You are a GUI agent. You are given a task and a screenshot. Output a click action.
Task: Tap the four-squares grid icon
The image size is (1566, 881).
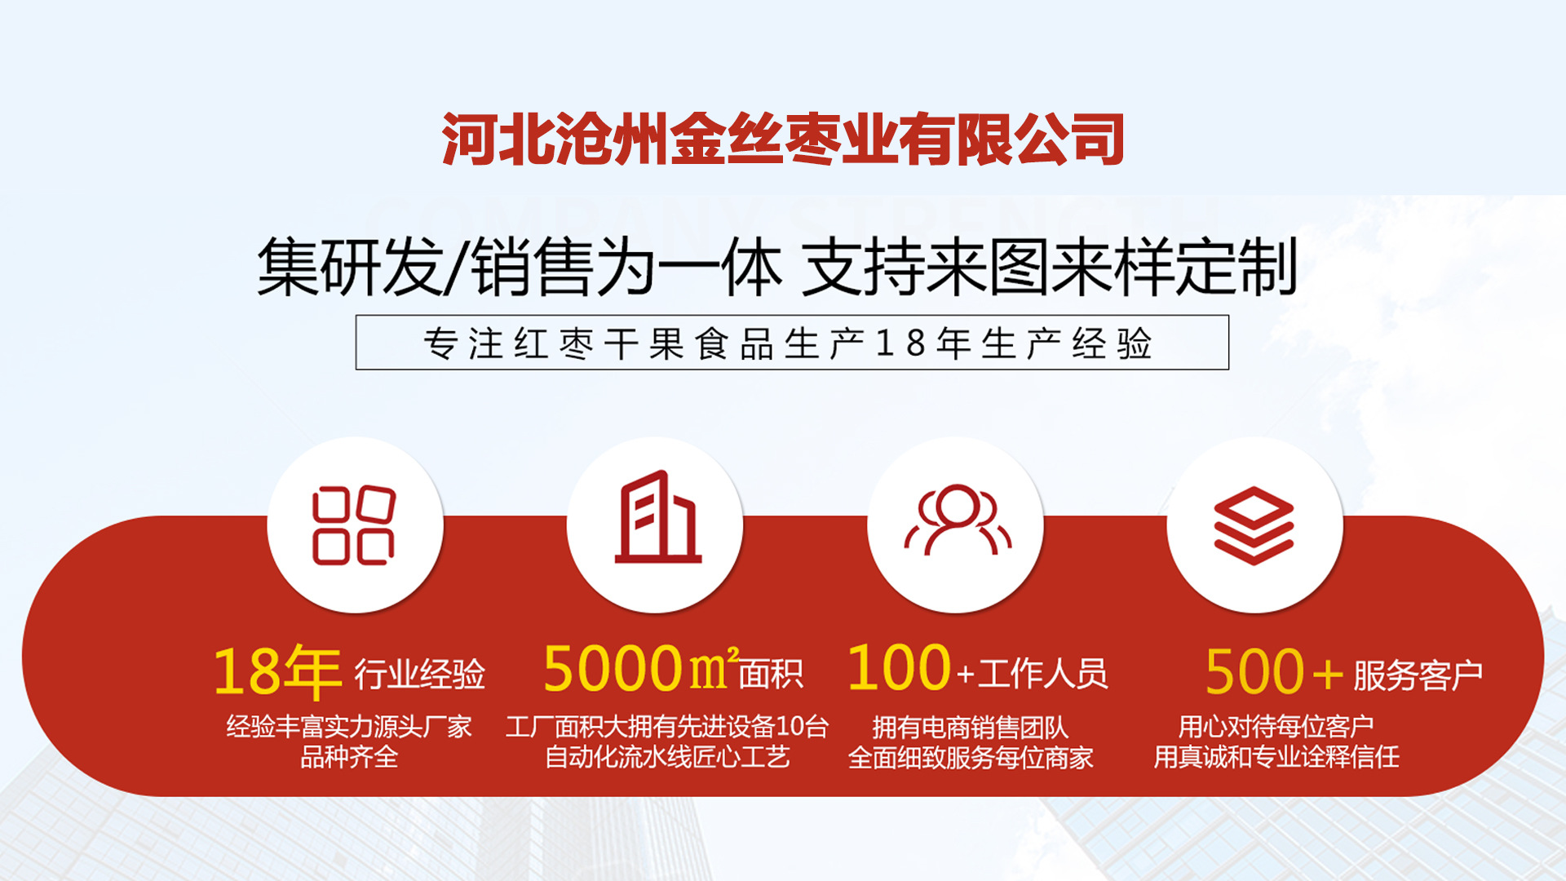pyautogui.click(x=354, y=525)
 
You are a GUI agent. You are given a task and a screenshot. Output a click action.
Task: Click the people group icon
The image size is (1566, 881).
pyautogui.click(x=958, y=522)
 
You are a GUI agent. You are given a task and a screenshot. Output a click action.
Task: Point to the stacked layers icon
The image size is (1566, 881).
pyautogui.click(x=1254, y=525)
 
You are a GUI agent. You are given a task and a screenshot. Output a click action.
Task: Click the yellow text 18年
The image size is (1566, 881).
pyautogui.click(x=276, y=672)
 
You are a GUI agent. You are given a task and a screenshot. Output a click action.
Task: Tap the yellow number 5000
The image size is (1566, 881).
pyautogui.click(x=613, y=669)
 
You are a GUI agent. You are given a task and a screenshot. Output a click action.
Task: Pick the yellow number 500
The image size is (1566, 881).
pyautogui.click(x=1254, y=672)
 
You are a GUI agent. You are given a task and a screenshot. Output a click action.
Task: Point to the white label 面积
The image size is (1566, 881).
pyautogui.click(x=771, y=674)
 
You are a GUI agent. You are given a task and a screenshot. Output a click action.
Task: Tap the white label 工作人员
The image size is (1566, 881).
pyautogui.click(x=1042, y=674)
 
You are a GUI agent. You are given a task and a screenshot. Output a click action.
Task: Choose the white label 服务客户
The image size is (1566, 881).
pyautogui.click(x=1418, y=675)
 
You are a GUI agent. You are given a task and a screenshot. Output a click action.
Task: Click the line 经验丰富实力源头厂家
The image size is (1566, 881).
pyautogui.click(x=349, y=726)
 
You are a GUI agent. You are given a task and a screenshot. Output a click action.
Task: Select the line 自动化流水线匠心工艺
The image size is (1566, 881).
pyautogui.click(x=667, y=757)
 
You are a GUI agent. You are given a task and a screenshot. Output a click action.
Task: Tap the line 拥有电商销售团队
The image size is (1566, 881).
pyautogui.click(x=971, y=727)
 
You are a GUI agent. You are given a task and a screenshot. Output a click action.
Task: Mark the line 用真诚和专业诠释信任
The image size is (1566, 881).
pyautogui.click(x=1276, y=757)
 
